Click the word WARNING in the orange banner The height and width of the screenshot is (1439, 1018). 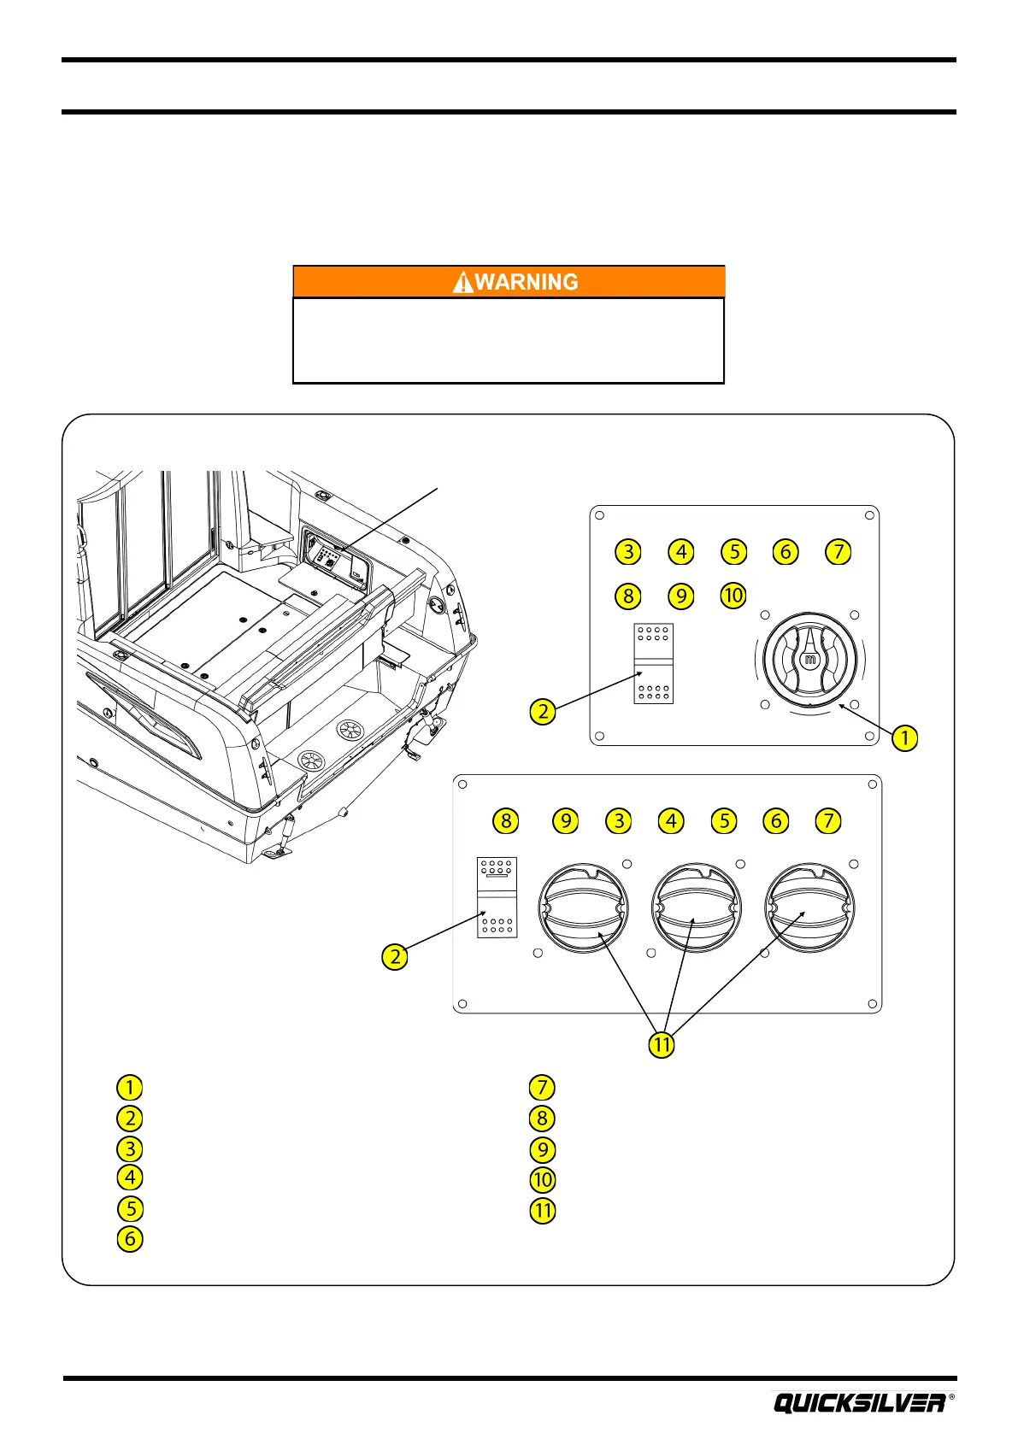526,282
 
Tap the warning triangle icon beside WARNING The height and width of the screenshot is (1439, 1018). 462,283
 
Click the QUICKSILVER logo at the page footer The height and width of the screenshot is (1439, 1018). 859,1403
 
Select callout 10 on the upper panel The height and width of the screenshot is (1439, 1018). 733,595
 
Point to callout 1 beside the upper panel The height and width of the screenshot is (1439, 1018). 904,737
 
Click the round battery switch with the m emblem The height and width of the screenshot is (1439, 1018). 809,660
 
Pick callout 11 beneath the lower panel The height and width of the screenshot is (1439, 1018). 662,1044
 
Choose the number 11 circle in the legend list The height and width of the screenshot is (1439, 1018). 543,1210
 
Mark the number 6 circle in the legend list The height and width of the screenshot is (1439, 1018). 130,1238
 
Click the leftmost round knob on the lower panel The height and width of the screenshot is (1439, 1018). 583,907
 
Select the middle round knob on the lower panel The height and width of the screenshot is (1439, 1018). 696,907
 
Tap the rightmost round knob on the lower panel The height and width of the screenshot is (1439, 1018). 809,907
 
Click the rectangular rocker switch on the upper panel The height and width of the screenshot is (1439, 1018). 653,664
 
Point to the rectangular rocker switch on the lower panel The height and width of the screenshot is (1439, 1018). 497,896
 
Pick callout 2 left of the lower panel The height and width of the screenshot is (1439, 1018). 395,956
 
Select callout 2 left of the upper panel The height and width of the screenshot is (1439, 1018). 543,711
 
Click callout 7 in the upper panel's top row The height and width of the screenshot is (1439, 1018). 839,552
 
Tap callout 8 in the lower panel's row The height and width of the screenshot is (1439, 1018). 506,821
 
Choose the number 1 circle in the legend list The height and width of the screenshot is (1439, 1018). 130,1087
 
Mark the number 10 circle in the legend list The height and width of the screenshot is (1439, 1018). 543,1180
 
